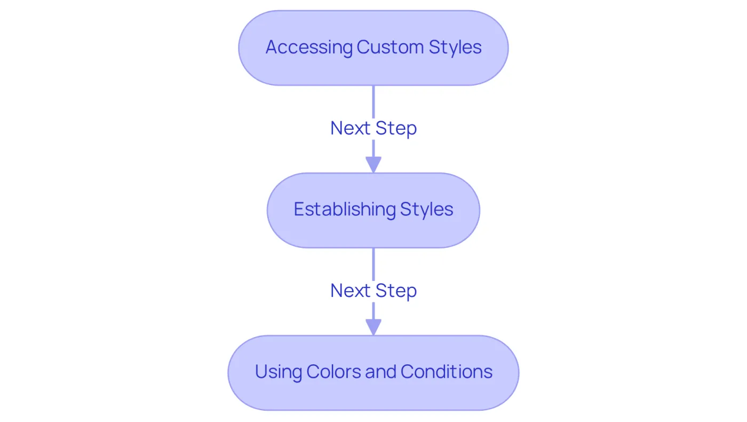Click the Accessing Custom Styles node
pyautogui.click(x=373, y=48)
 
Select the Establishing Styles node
pyautogui.click(x=373, y=210)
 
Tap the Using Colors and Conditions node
pyautogui.click(x=373, y=373)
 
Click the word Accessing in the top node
pyautogui.click(x=309, y=48)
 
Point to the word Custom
pyautogui.click(x=390, y=47)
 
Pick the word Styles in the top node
pyautogui.click(x=455, y=48)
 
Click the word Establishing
pyautogui.click(x=345, y=210)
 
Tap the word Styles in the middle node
pyautogui.click(x=426, y=210)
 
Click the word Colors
pyautogui.click(x=333, y=372)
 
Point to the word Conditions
pyautogui.click(x=446, y=372)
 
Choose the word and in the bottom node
pyautogui.click(x=380, y=372)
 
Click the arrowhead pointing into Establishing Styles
pyautogui.click(x=373, y=165)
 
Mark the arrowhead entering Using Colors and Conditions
pyautogui.click(x=373, y=327)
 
